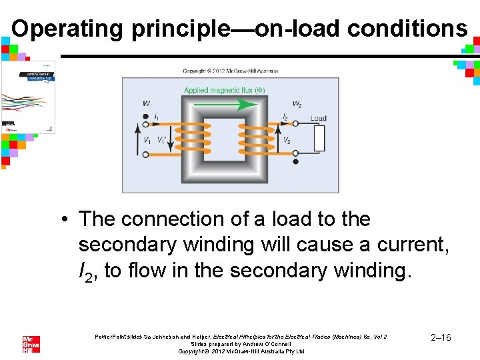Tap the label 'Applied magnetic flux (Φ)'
click(x=225, y=90)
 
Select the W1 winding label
click(x=146, y=104)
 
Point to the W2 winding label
click(x=297, y=104)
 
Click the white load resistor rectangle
click(x=319, y=139)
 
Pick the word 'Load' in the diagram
click(x=319, y=119)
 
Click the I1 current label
click(x=156, y=117)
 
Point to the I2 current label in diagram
click(x=285, y=117)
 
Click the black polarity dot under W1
click(x=146, y=117)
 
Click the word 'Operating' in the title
click(x=67, y=29)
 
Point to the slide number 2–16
click(x=441, y=338)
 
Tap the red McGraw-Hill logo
click(x=31, y=344)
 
